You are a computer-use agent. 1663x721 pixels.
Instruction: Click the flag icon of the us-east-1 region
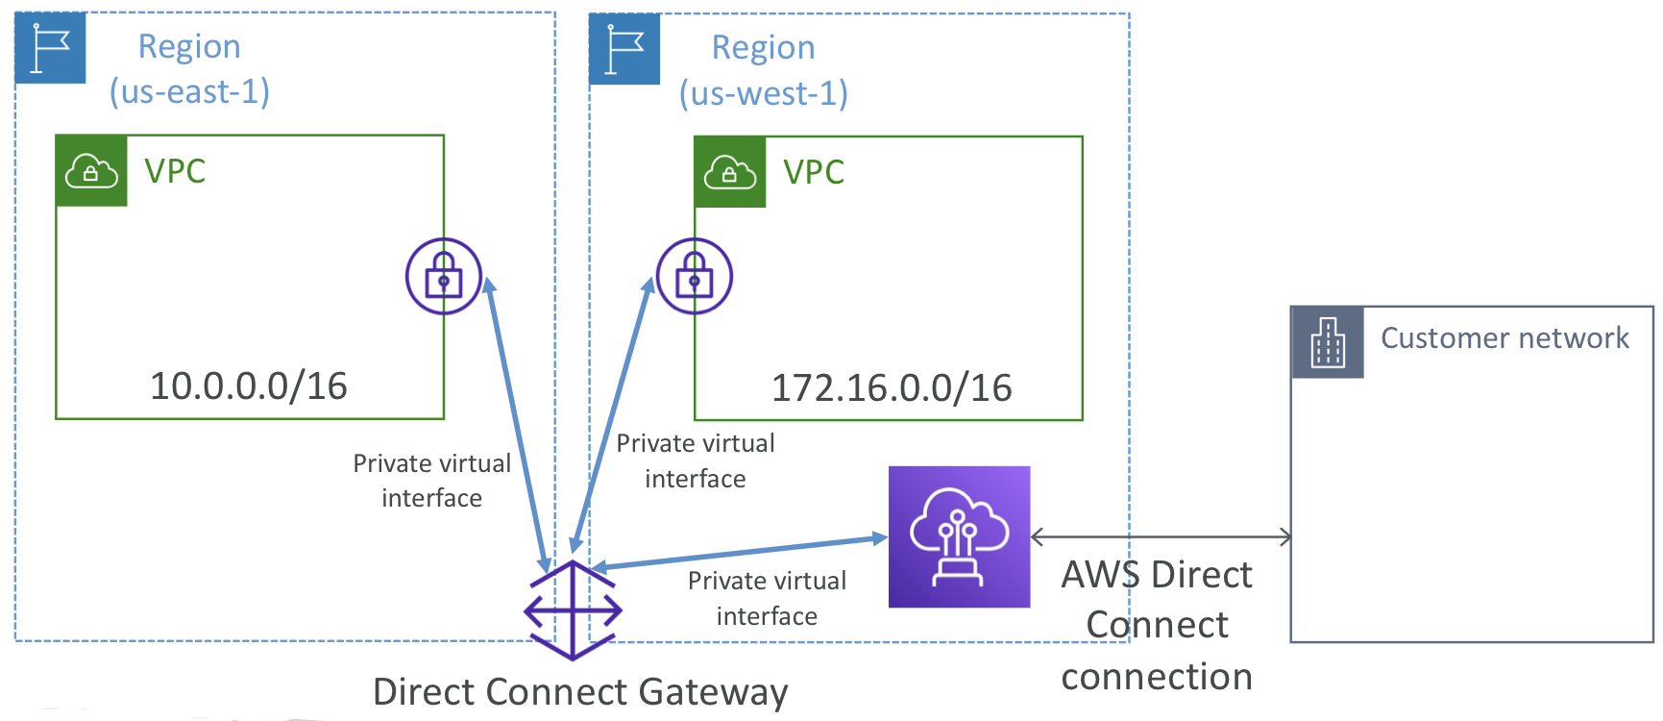[51, 48]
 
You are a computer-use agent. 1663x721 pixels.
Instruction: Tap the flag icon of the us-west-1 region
[624, 49]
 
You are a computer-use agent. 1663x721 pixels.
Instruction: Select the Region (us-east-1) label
[189, 68]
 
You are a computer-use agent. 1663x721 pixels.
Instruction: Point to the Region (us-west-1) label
[764, 70]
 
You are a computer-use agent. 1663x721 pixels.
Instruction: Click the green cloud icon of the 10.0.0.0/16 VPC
[91, 171]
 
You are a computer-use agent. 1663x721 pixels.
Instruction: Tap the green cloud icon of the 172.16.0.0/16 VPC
[730, 173]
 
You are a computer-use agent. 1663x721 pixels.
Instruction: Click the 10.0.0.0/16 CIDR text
[249, 386]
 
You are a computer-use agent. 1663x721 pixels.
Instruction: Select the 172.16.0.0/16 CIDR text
[892, 388]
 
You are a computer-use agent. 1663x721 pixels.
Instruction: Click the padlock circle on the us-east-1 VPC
[443, 276]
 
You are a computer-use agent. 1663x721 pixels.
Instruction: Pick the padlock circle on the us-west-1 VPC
[695, 276]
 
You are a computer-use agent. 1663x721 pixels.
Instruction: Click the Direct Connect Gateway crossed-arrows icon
[573, 610]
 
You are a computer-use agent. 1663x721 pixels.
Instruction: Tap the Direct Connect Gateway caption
[580, 692]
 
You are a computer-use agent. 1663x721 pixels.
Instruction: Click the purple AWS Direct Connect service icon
[959, 536]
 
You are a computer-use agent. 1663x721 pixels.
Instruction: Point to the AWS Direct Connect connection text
[1157, 626]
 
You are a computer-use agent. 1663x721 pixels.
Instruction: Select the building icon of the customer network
[1328, 342]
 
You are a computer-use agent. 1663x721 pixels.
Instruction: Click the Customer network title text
[1504, 338]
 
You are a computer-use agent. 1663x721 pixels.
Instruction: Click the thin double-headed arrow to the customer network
[1161, 537]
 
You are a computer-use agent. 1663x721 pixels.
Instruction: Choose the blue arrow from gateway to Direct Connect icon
[739, 553]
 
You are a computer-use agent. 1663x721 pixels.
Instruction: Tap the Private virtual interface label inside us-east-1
[432, 481]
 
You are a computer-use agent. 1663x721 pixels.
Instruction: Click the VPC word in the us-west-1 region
[814, 173]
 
